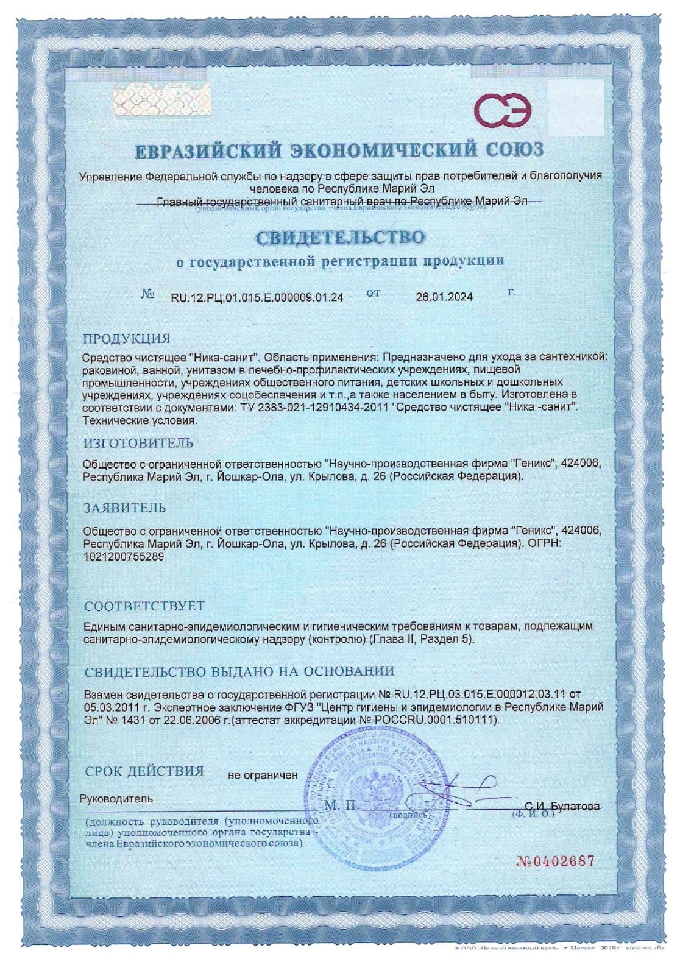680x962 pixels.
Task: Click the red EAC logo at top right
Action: (503, 111)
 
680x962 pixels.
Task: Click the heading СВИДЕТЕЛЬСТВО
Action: (339, 237)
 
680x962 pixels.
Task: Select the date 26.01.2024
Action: (444, 297)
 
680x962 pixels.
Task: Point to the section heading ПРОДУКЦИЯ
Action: (127, 339)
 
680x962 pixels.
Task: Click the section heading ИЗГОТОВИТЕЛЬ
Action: (138, 443)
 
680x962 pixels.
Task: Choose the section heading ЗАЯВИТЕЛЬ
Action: (125, 508)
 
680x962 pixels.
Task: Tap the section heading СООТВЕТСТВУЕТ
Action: (144, 606)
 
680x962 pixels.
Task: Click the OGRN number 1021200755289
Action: (124, 556)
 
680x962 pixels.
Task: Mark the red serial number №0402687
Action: (555, 861)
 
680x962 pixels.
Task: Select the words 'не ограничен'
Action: (263, 776)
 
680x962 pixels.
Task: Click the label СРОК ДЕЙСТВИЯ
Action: (144, 771)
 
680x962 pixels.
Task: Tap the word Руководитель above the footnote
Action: (116, 799)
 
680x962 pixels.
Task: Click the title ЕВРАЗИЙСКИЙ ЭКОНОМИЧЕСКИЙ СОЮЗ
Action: (339, 150)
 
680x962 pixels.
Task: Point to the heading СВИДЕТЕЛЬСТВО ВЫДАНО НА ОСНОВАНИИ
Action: (239, 671)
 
